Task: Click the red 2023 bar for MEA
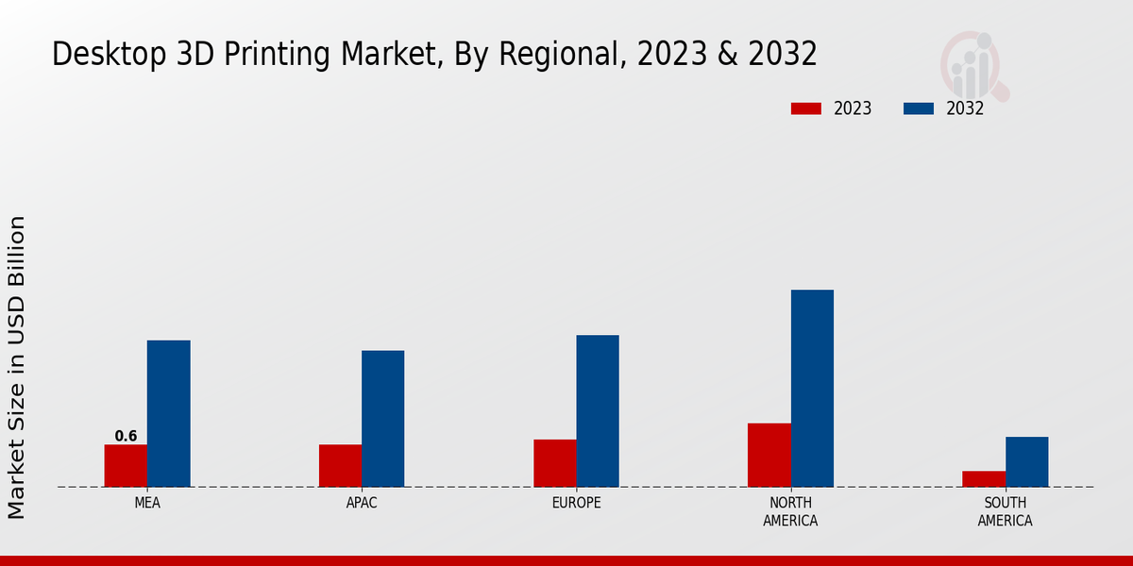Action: coord(126,466)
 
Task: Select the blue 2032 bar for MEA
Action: coord(168,413)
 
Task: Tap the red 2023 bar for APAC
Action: coord(340,466)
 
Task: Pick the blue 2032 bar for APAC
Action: coord(382,419)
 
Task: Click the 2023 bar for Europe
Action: coord(554,463)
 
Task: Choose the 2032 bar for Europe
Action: coord(598,411)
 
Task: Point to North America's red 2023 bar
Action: coord(769,455)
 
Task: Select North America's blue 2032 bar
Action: coord(812,388)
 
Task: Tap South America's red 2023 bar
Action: coord(983,479)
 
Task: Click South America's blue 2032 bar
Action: coord(1026,461)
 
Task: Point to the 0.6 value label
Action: coord(126,436)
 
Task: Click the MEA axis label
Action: coord(147,503)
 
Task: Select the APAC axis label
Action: coord(362,503)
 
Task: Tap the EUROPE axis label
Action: coord(576,503)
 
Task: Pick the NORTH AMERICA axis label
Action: coord(790,511)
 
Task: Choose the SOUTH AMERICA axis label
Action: coord(1005,511)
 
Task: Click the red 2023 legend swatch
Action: coord(806,108)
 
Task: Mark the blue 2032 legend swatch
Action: coord(919,108)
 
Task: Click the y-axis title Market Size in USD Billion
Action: coord(17,367)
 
